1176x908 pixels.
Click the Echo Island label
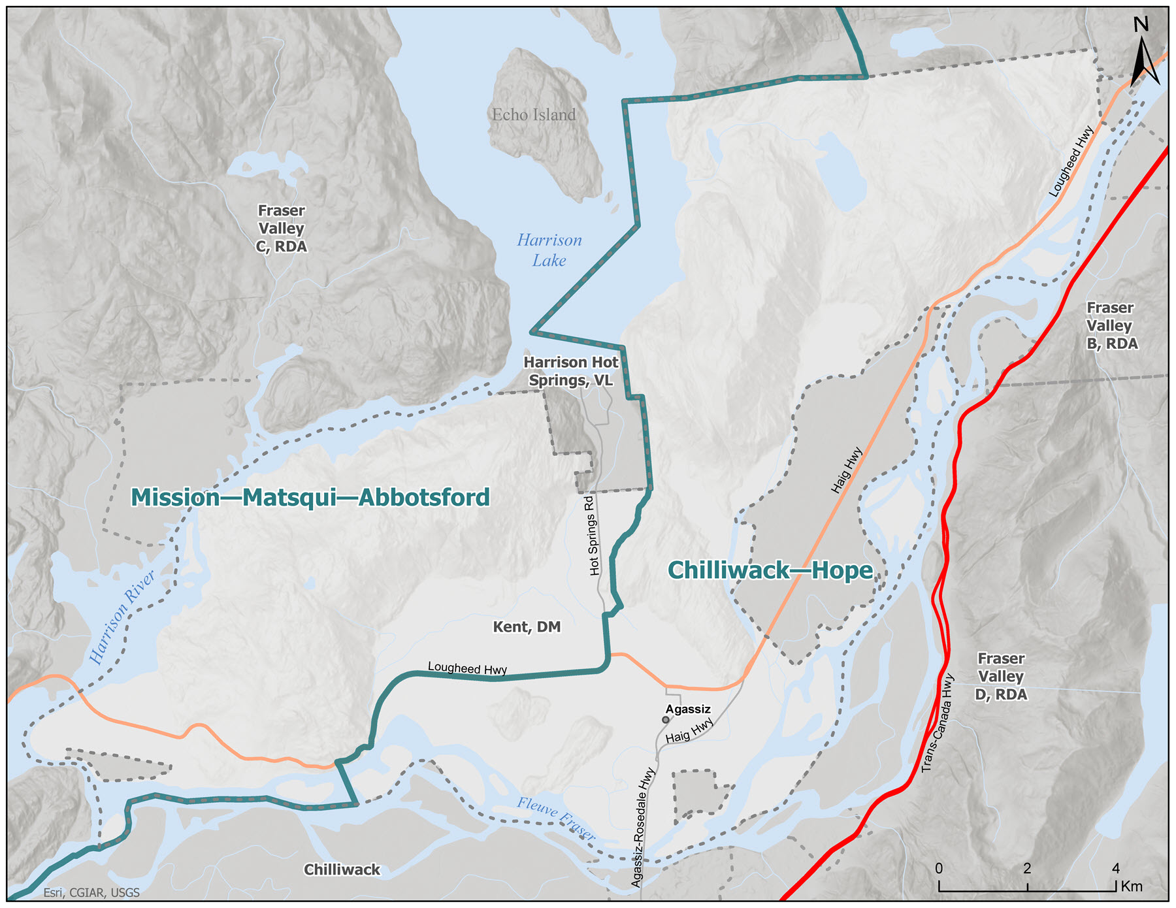tap(534, 115)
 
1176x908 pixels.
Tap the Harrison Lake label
tap(549, 250)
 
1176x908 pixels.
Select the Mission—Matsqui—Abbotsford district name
tap(310, 498)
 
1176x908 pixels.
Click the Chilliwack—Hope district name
tap(770, 571)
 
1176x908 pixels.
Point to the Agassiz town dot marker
tap(666, 720)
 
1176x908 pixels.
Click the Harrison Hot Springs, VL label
tap(571, 371)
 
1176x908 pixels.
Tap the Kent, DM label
tap(527, 627)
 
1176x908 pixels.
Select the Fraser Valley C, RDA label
tap(281, 229)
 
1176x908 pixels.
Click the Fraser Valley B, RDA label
tap(1111, 325)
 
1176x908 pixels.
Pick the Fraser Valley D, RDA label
tap(1001, 677)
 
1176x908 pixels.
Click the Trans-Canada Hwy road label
tap(939, 723)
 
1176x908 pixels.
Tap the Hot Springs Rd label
tap(592, 536)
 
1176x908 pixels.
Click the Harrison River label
tap(122, 617)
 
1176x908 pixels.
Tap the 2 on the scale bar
tap(1027, 869)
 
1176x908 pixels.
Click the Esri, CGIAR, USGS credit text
tap(91, 893)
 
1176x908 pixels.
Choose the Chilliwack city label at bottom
tap(342, 870)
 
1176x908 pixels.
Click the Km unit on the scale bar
tap(1132, 886)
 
